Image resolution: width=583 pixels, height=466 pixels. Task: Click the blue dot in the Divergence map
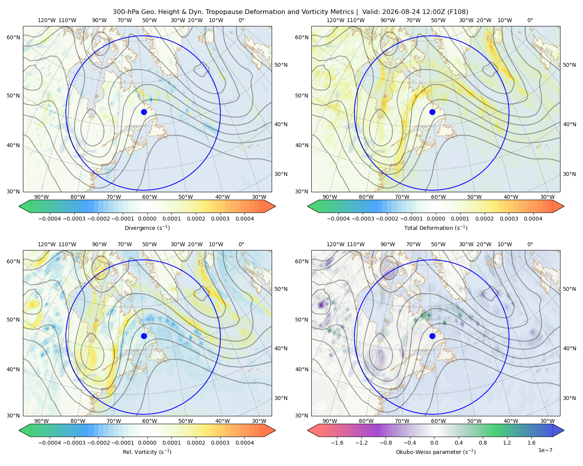pos(144,112)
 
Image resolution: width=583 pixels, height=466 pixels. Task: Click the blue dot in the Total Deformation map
pos(432,112)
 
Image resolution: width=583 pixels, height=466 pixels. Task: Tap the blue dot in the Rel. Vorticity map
pos(144,336)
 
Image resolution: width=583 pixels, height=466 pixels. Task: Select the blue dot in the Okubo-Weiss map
pos(432,336)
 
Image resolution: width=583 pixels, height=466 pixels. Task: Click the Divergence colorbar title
pos(147,228)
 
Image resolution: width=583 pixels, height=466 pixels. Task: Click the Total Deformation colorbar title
pos(436,228)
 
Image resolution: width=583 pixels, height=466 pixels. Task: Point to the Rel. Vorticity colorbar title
pos(147,452)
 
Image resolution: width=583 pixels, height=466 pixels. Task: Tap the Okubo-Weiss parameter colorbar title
pos(436,452)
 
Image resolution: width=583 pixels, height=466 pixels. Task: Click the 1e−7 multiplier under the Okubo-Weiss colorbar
pos(545,450)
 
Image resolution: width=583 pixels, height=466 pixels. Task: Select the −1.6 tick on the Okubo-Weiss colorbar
pos(337,443)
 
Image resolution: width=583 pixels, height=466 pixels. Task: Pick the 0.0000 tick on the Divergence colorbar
pos(147,219)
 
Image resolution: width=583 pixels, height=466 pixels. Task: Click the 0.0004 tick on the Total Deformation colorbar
pos(533,219)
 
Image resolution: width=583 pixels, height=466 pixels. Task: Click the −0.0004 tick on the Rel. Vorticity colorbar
pos(50,443)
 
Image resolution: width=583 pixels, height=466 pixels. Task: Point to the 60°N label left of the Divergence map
pos(13,37)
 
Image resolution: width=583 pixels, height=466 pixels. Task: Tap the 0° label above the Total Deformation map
pos(530,20)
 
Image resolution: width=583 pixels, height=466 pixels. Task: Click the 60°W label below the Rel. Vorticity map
pos(150,421)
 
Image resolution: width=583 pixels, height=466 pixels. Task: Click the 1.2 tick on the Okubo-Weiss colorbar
pos(507,443)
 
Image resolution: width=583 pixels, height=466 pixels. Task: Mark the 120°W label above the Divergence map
pos(47,20)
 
